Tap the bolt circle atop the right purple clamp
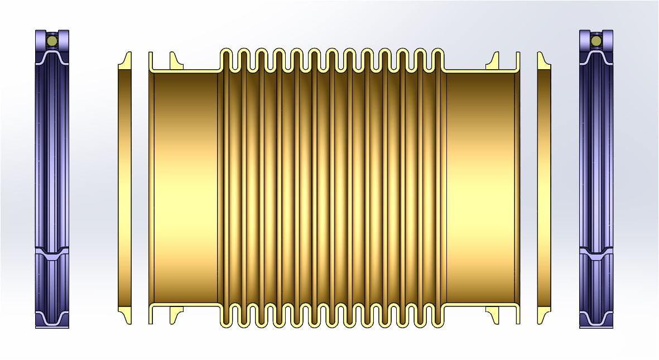(x=596, y=40)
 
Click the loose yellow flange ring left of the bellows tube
(x=125, y=188)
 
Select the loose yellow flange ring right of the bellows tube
(x=544, y=188)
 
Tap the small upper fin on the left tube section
(x=175, y=60)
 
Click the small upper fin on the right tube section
(x=493, y=60)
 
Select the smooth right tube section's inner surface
(x=480, y=188)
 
